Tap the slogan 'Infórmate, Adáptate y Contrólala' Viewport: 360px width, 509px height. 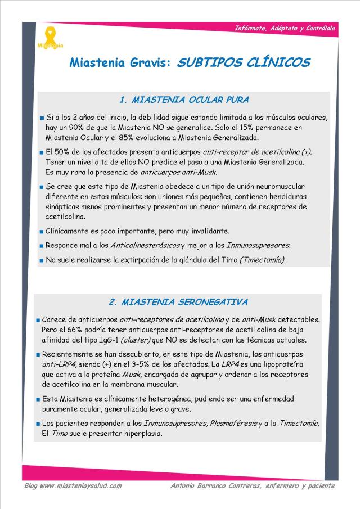[x=285, y=28]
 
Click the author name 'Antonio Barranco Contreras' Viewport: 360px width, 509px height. [x=219, y=485]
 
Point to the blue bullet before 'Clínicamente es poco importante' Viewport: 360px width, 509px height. [x=42, y=231]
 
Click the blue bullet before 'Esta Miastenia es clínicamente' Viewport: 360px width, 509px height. [x=38, y=399]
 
